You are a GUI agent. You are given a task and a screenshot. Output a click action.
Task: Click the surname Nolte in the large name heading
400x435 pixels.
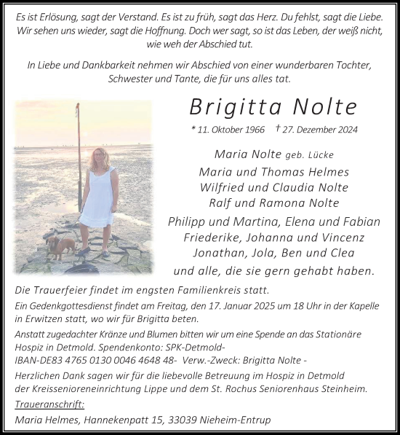point(325,107)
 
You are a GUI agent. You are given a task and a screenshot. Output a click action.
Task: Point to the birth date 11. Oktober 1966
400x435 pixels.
point(233,130)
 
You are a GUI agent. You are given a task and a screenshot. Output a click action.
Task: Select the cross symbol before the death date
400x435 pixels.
point(280,128)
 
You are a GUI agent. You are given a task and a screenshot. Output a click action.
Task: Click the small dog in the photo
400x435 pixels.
point(63,245)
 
